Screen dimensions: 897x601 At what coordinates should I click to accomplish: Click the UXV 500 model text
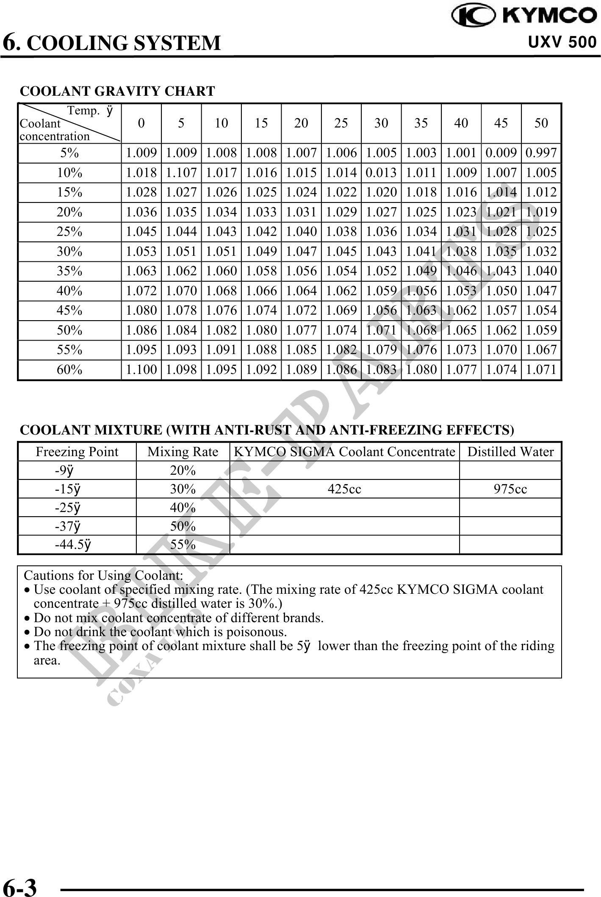[x=562, y=42]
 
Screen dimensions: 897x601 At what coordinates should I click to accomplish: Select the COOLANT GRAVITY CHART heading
[x=117, y=91]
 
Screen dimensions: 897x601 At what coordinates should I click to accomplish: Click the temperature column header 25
[x=341, y=123]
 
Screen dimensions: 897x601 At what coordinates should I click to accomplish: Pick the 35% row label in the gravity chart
[x=69, y=271]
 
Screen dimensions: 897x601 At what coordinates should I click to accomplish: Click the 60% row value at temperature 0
[x=141, y=370]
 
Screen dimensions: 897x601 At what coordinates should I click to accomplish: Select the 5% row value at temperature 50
[x=541, y=153]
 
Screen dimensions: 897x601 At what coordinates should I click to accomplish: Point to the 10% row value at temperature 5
[x=181, y=173]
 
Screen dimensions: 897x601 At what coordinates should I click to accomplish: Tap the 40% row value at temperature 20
[x=301, y=291]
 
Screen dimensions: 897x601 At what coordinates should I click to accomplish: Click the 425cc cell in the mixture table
[x=344, y=489]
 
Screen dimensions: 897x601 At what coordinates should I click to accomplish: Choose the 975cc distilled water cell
[x=510, y=489]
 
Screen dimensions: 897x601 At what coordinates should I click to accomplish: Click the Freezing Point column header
[x=77, y=452]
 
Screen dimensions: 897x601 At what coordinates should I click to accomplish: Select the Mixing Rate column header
[x=183, y=452]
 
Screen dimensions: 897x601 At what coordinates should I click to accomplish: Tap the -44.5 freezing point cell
[x=73, y=545]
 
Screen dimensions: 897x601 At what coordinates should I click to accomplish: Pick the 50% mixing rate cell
[x=183, y=526]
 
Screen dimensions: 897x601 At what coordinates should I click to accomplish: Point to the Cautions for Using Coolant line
[x=103, y=576]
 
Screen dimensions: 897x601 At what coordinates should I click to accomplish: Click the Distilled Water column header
[x=510, y=452]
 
